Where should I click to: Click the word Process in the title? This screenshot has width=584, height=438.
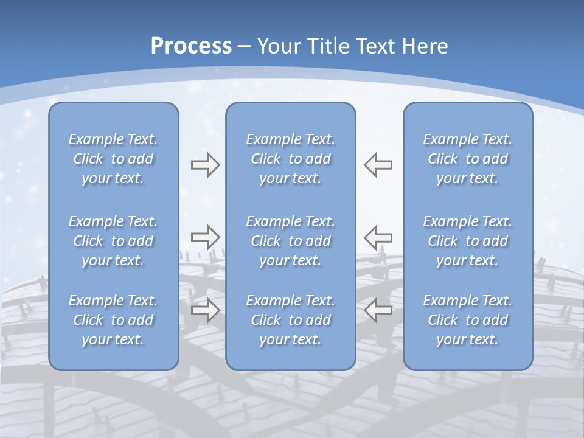tap(191, 46)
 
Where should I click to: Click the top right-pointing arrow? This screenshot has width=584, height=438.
tap(205, 165)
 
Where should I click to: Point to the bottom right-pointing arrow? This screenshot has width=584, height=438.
tap(205, 310)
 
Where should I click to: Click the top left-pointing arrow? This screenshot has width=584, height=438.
tap(378, 165)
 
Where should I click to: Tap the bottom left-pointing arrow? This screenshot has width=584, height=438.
tap(378, 310)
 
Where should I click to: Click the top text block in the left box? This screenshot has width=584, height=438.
tap(113, 159)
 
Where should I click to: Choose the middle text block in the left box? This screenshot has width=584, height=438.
tap(113, 241)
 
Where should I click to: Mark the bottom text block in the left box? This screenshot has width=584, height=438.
tap(113, 320)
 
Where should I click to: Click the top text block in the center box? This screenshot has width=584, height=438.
tap(290, 159)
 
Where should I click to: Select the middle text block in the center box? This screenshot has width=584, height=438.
tap(290, 241)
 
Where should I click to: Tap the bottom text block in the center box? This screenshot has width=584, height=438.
tap(290, 320)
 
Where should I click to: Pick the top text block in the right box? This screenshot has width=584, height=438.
tap(467, 159)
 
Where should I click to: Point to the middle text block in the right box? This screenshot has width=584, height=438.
tap(467, 241)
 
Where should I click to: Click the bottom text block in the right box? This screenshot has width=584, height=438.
tap(467, 320)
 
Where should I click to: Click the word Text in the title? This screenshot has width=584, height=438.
tap(372, 46)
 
